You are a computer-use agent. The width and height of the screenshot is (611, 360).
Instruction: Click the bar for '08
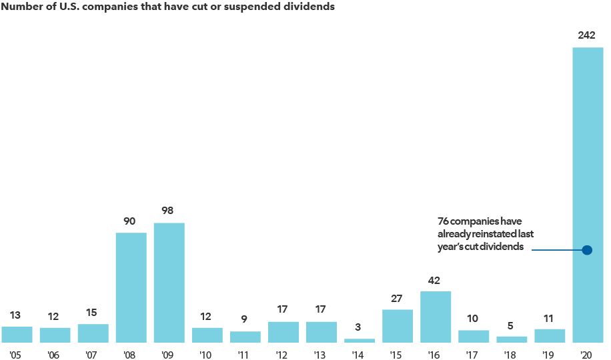tap(131, 287)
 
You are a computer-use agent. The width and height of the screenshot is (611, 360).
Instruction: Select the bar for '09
tap(169, 283)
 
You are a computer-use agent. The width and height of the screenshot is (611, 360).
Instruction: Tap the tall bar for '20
tap(588, 167)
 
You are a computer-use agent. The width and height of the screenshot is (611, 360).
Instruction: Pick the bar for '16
tap(436, 317)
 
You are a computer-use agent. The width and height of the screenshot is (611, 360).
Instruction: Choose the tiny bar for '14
tap(360, 340)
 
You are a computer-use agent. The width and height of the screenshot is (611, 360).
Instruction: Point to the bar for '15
tap(398, 326)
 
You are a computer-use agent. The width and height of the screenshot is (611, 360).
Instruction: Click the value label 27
tap(398, 298)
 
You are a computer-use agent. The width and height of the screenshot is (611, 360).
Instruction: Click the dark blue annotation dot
tap(587, 250)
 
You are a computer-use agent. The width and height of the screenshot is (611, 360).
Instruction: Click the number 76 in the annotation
tap(444, 221)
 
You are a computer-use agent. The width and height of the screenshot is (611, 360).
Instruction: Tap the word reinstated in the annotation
tap(496, 233)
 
